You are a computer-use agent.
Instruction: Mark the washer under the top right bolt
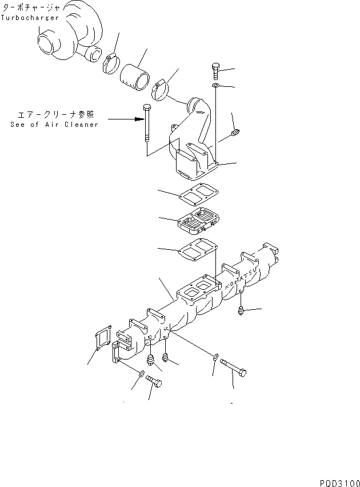[x=216, y=86]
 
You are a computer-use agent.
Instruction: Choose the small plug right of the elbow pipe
[x=235, y=133]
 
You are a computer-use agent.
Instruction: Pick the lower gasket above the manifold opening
[x=198, y=251]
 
